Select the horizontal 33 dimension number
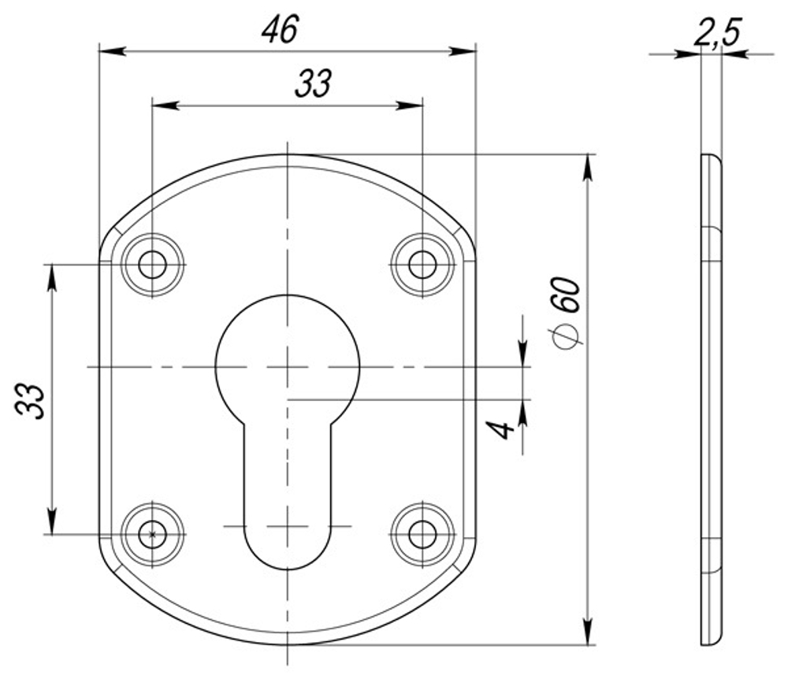[x=313, y=83]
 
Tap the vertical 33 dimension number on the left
[x=29, y=401]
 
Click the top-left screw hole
[x=152, y=265]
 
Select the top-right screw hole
[x=423, y=265]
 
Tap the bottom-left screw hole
[x=152, y=534]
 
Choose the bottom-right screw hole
[x=423, y=534]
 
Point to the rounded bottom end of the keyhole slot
[x=288, y=547]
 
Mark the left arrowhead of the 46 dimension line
[x=111, y=51]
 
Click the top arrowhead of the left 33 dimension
[x=52, y=276]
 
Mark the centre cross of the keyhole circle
[x=288, y=368]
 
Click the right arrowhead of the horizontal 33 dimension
[x=411, y=105]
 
